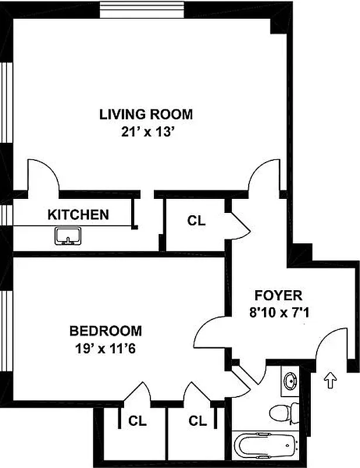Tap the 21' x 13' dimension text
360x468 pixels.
(145, 132)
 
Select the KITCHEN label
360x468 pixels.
(78, 215)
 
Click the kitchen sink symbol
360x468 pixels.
(68, 236)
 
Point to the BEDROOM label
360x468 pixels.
(105, 331)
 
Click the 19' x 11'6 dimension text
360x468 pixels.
(105, 349)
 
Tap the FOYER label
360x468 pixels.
(278, 294)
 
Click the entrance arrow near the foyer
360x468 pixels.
(330, 381)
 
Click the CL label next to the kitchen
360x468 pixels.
(196, 221)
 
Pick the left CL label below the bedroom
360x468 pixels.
(138, 420)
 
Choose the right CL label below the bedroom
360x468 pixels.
(197, 420)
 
